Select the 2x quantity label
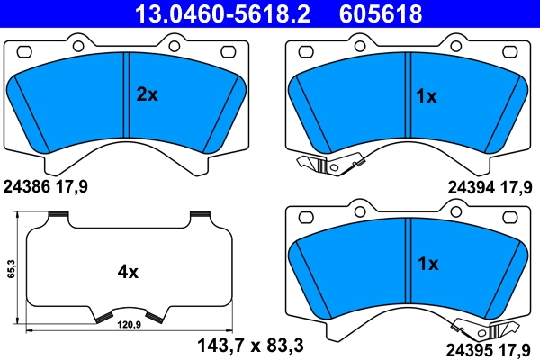tap(147, 94)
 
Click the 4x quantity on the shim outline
tap(128, 270)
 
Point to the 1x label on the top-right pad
tap(426, 96)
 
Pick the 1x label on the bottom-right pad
tap(427, 265)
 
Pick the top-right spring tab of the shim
tap(200, 214)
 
